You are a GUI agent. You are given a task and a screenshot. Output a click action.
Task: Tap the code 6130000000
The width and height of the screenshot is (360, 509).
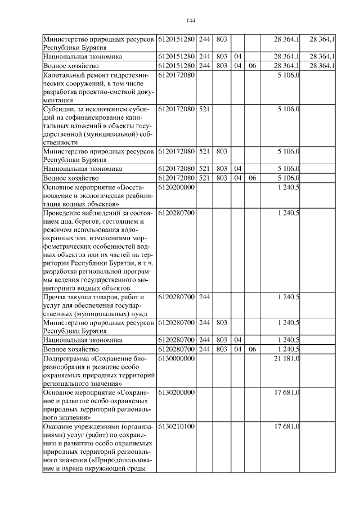(176, 359)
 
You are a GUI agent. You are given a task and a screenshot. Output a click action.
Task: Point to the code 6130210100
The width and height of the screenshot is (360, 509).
(176, 427)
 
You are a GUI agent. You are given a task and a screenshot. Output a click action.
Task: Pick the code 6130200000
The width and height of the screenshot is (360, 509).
(176, 393)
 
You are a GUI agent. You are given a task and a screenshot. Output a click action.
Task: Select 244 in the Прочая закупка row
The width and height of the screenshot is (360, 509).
(204, 297)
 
